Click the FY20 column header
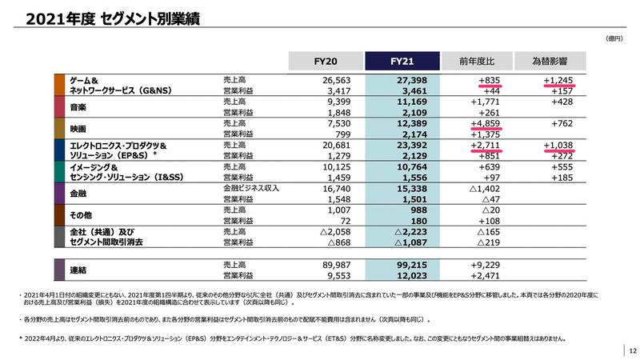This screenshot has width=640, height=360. point(324,61)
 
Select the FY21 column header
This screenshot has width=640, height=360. point(402,61)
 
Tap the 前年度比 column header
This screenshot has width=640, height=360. point(477,61)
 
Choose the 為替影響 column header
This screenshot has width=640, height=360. point(552,61)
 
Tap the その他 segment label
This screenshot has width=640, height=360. point(82,215)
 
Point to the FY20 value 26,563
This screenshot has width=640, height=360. point(337,81)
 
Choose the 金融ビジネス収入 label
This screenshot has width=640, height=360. point(250,188)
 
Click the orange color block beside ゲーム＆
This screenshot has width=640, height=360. point(59,86)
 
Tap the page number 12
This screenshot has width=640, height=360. point(631,350)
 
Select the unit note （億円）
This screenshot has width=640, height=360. point(614,38)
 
